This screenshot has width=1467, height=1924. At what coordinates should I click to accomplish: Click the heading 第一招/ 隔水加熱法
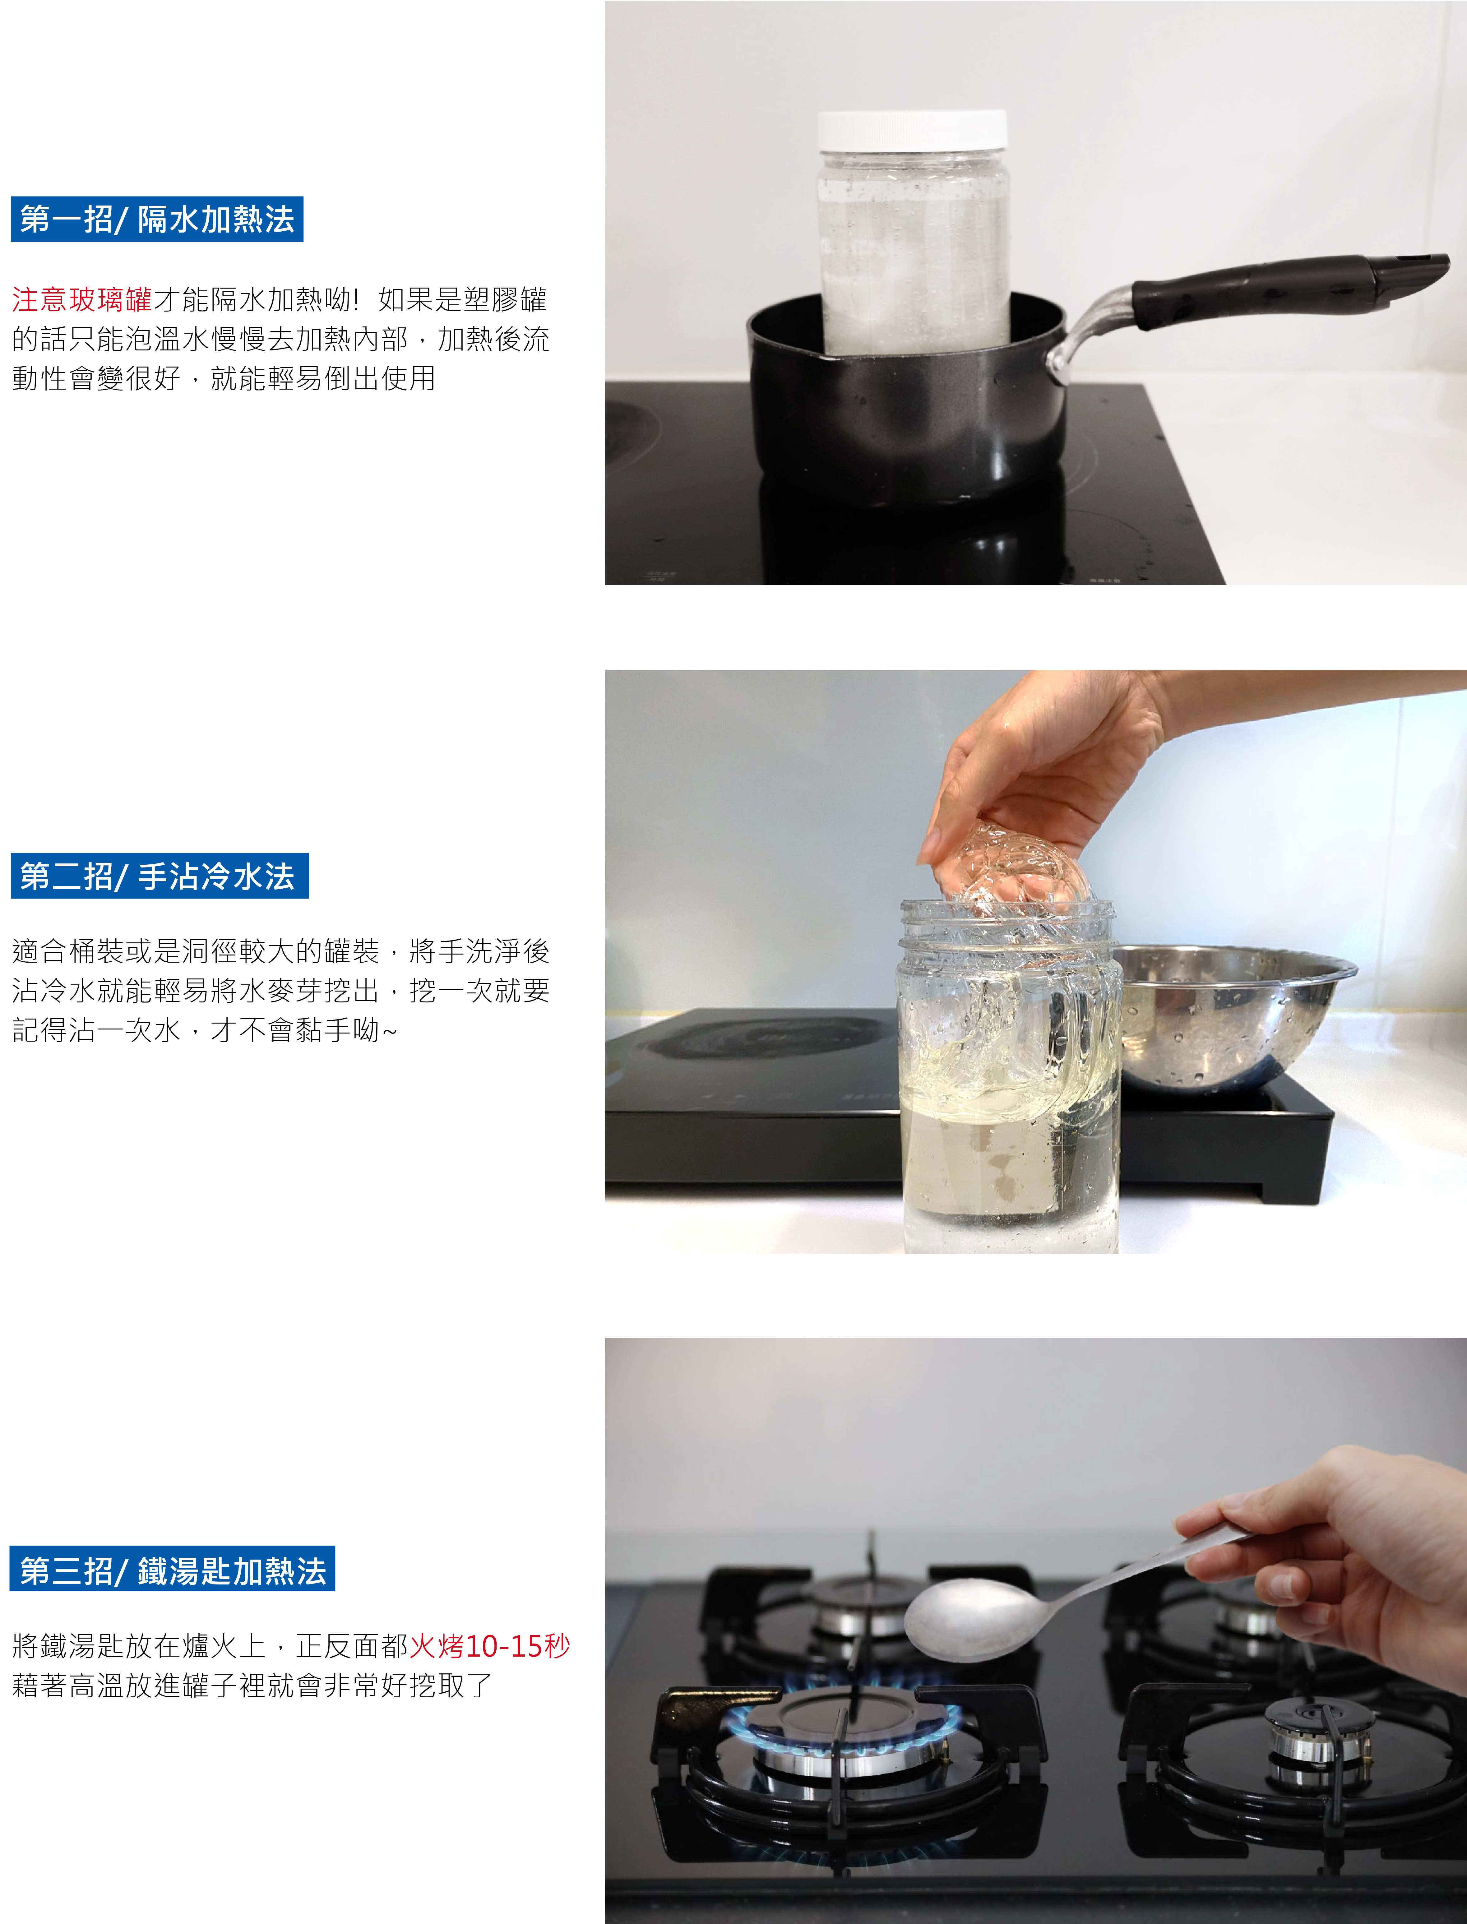pyautogui.click(x=157, y=219)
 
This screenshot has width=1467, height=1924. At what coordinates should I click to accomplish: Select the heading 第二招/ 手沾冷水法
pyautogui.click(x=160, y=876)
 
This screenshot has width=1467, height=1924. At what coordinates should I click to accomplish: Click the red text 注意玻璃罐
pyautogui.click(x=82, y=299)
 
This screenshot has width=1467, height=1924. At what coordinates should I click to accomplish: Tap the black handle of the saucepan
pyautogui.click(x=1288, y=281)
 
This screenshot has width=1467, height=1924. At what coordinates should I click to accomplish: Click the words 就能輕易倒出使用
pyautogui.click(x=323, y=378)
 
